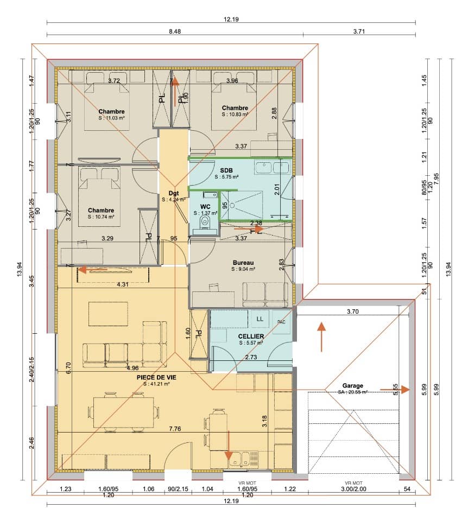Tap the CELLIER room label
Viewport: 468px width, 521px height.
click(x=251, y=336)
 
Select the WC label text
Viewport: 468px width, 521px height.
click(x=205, y=207)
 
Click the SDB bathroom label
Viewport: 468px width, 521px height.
click(x=226, y=169)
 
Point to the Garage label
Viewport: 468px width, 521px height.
click(x=352, y=386)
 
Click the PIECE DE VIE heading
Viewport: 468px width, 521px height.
click(x=156, y=377)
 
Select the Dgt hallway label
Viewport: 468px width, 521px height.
click(x=173, y=193)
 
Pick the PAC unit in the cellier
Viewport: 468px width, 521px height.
click(x=281, y=321)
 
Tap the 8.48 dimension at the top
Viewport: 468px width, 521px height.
click(x=175, y=32)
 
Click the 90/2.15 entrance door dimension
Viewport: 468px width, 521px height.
click(x=178, y=490)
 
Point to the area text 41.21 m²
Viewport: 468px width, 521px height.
click(x=156, y=384)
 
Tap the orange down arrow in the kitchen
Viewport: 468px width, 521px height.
click(x=229, y=446)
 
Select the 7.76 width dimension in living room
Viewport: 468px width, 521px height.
click(x=175, y=429)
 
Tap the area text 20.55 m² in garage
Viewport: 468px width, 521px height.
click(x=353, y=392)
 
